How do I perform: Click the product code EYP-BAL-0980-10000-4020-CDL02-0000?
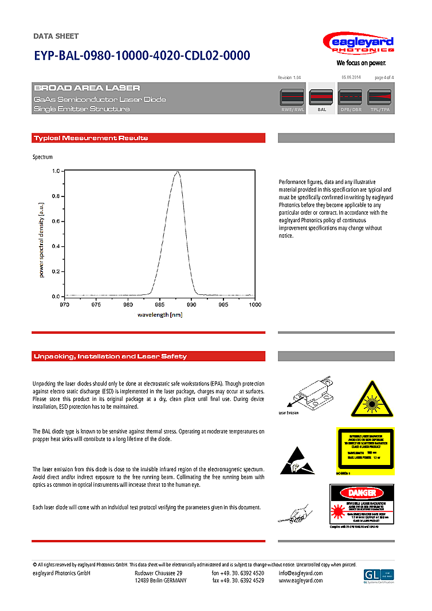point(142,56)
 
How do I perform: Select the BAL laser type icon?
point(321,98)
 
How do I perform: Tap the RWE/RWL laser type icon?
point(292,98)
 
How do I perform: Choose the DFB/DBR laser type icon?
point(351,98)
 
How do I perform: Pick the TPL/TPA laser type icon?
point(379,98)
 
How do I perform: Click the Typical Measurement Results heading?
point(91,138)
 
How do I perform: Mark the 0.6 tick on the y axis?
point(56,221)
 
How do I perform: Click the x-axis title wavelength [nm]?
point(160,314)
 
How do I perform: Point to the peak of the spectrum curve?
point(178,171)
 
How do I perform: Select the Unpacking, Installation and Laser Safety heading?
point(111,356)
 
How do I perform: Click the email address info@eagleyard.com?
point(301,573)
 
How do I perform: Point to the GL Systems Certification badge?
point(379,575)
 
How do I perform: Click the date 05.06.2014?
point(351,77)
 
